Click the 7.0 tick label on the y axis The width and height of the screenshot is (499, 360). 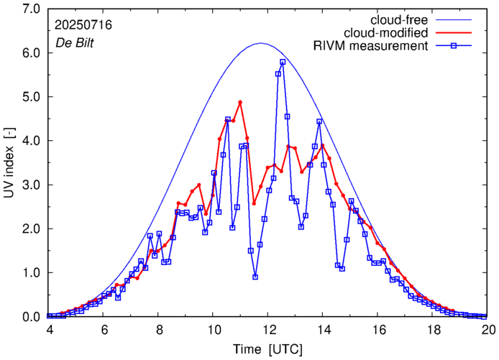pyautogui.click(x=29, y=9)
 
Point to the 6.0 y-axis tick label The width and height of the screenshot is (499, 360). pyautogui.click(x=29, y=52)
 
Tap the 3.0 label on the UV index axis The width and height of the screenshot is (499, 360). pyautogui.click(x=29, y=185)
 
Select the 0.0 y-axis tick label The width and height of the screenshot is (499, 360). pyautogui.click(x=29, y=317)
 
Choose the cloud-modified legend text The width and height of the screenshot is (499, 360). pyautogui.click(x=387, y=33)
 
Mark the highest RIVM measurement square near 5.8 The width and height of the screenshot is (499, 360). pyautogui.click(x=283, y=62)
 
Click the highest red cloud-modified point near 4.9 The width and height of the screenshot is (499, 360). pyautogui.click(x=240, y=102)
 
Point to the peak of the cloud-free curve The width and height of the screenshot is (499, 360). pyautogui.click(x=261, y=43)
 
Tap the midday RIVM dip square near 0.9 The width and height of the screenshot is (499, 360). pyautogui.click(x=255, y=277)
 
